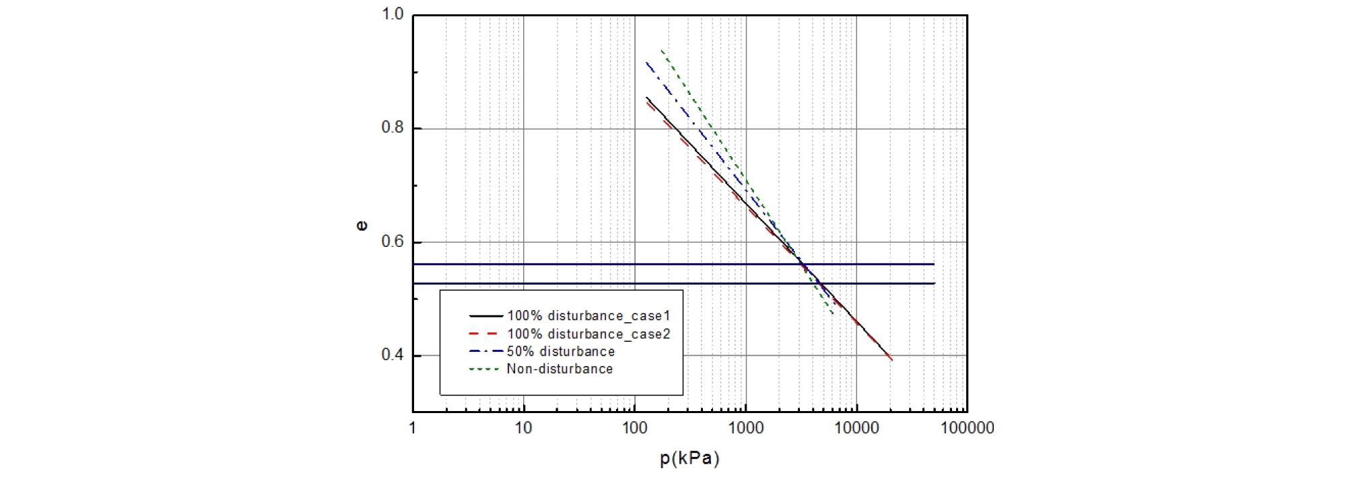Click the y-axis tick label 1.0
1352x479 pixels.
(392, 14)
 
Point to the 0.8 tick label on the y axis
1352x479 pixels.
(392, 128)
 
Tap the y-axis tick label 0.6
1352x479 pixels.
(392, 242)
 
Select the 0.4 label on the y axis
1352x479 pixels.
(392, 355)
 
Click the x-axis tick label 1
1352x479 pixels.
(413, 428)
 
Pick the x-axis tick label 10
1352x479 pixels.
(523, 428)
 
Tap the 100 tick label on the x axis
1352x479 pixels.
(634, 428)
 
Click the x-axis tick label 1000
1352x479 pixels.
(745, 428)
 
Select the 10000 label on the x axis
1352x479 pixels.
(856, 428)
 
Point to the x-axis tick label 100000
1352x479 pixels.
(967, 428)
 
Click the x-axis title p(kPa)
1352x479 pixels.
(689, 459)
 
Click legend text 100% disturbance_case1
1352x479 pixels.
(588, 316)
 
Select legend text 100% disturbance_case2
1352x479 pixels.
(588, 334)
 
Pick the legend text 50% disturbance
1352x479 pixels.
(561, 351)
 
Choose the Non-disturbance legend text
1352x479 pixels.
(560, 369)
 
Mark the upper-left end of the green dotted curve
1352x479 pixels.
(662, 50)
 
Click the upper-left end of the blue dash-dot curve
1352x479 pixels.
(646, 63)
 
